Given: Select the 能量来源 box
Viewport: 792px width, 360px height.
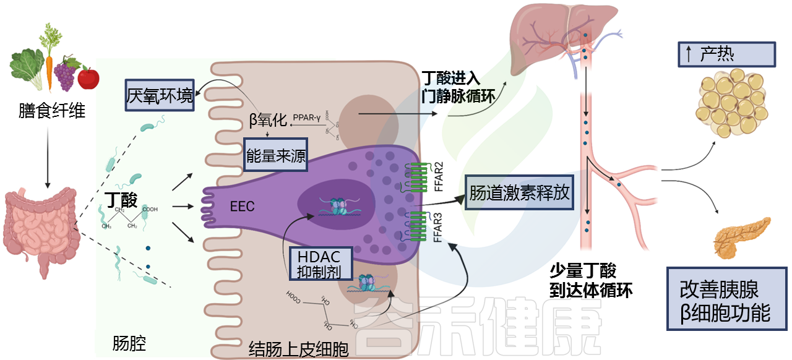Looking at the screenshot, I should [276, 157].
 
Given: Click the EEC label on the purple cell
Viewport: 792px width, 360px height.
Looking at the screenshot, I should [242, 206].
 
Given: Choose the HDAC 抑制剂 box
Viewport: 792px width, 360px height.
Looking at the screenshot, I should [321, 264].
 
